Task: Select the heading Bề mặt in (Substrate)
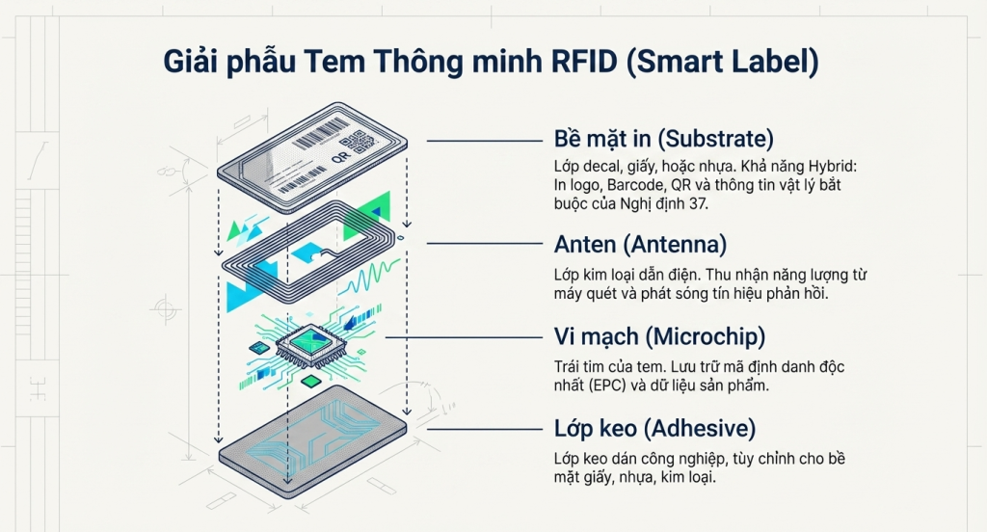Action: click(664, 138)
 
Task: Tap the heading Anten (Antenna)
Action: click(640, 242)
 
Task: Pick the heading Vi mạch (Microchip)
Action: click(659, 336)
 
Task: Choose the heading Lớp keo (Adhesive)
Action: click(654, 427)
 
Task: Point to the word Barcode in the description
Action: click(621, 183)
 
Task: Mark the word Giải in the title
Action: click(196, 62)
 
